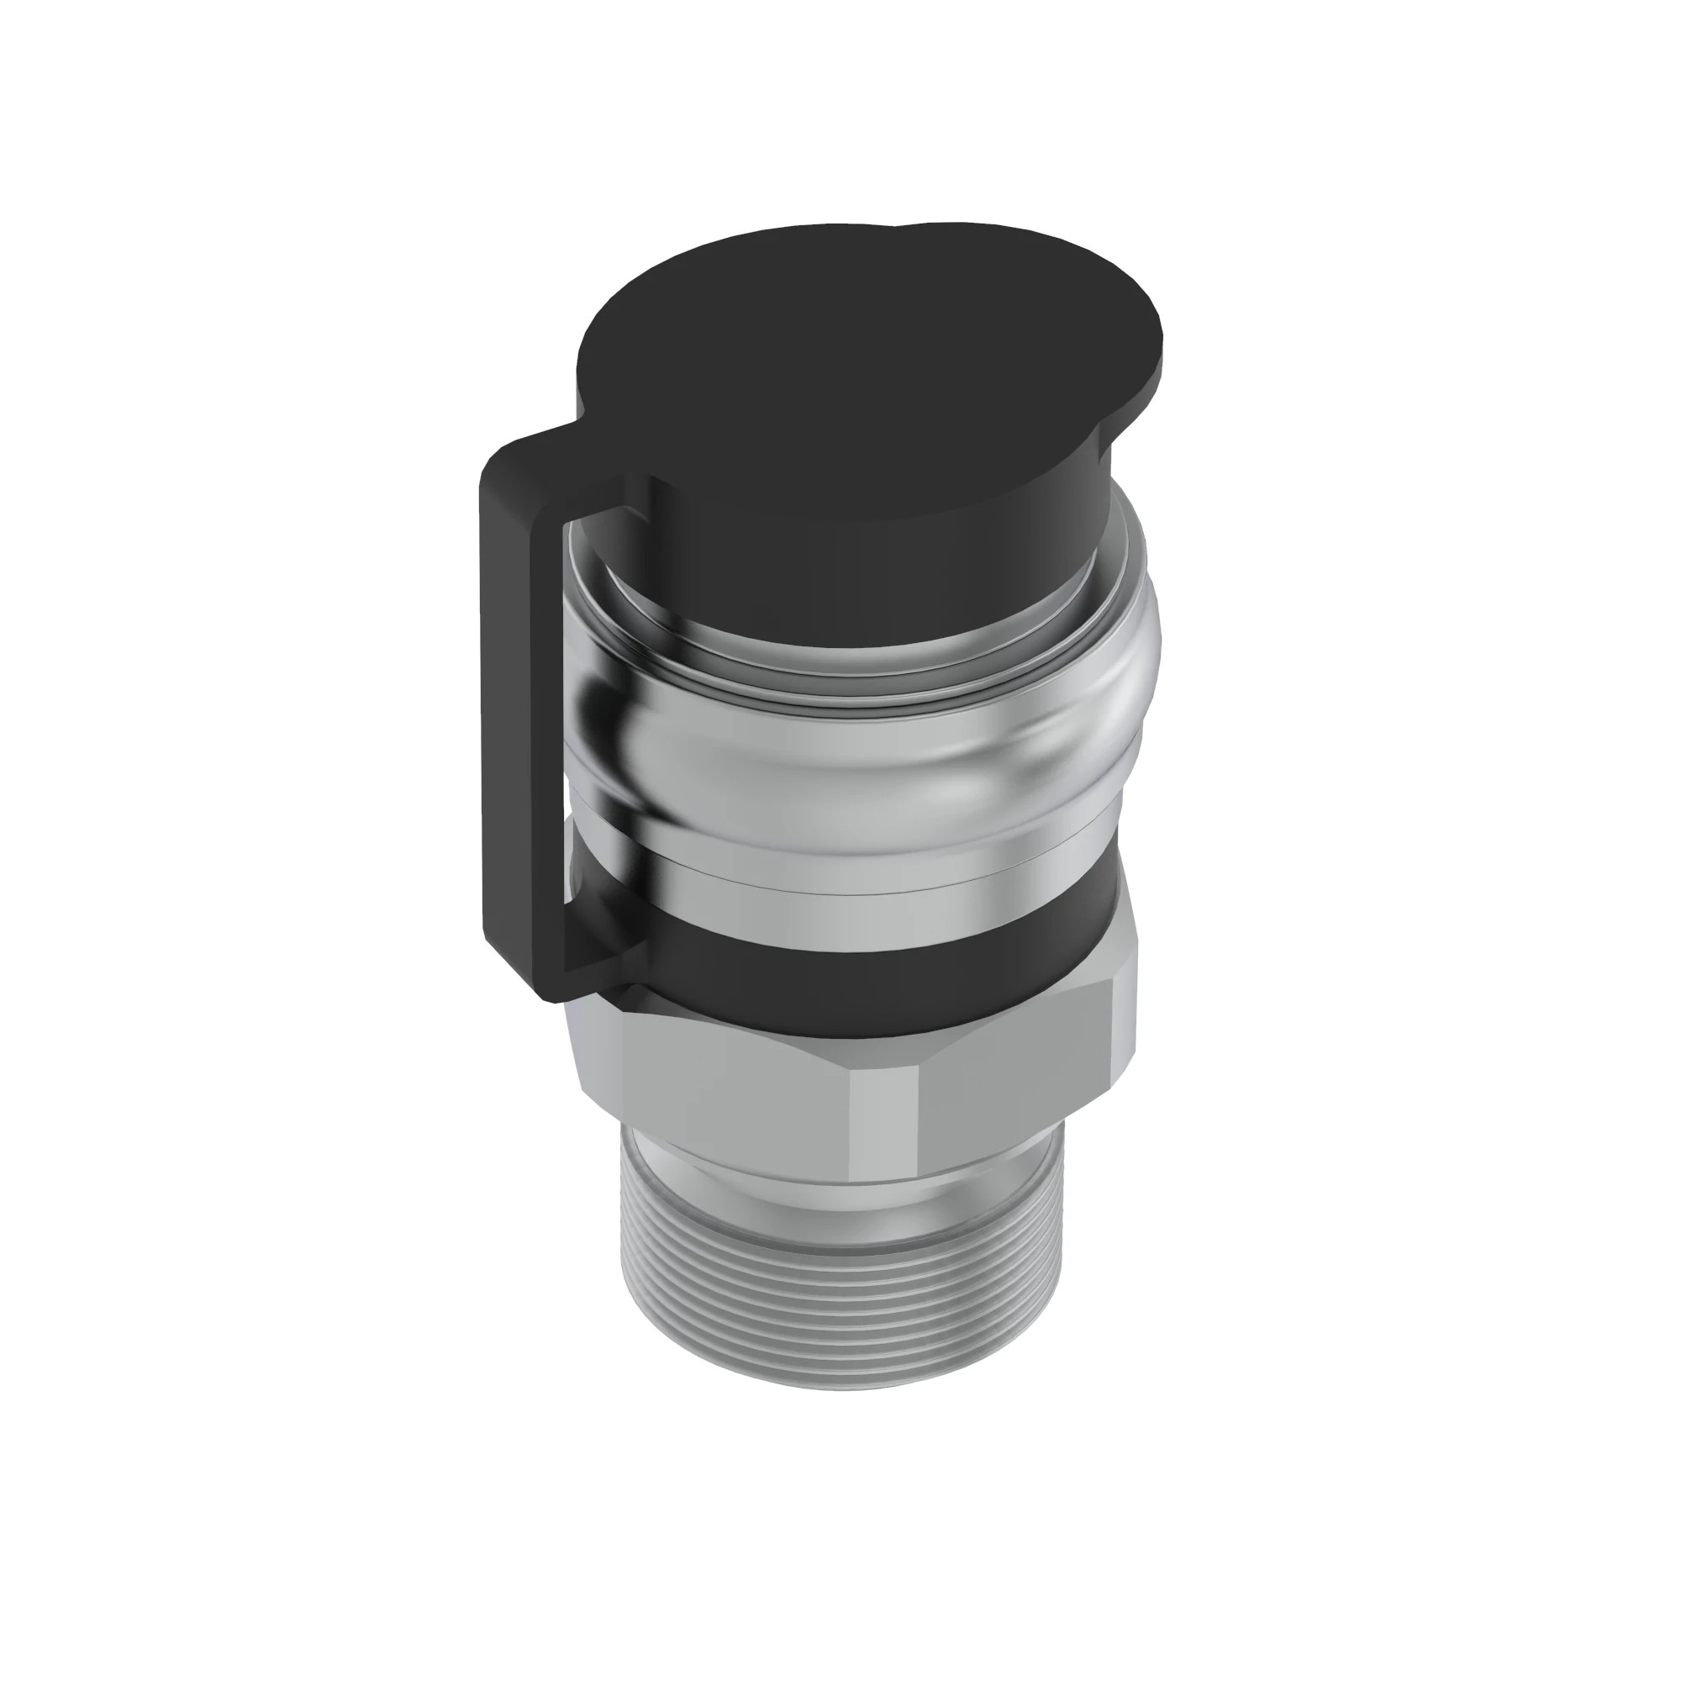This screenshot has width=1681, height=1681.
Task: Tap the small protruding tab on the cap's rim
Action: [940, 233]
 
